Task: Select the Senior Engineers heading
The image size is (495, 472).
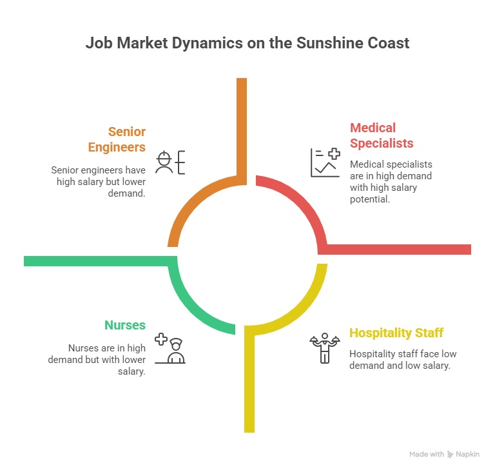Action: [117, 139]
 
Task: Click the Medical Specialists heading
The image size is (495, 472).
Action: [382, 135]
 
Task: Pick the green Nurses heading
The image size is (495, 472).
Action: [125, 325]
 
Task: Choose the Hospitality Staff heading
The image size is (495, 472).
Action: [396, 333]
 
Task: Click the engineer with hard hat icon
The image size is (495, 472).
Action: [170, 162]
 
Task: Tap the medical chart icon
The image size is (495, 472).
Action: [325, 162]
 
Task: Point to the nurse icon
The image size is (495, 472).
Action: [170, 348]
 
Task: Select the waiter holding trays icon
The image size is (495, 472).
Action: [325, 348]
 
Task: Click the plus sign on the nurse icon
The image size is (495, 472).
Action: [161, 339]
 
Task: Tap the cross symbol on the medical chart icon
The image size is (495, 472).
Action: [335, 154]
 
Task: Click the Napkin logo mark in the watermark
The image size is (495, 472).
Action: [450, 455]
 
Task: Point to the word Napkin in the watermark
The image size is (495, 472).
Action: [467, 455]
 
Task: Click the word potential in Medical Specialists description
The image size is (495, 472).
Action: [370, 199]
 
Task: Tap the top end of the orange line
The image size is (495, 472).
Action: [242, 79]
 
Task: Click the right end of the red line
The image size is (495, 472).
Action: [471, 250]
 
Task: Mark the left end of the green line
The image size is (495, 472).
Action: [24, 261]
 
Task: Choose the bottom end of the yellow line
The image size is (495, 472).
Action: [249, 432]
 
